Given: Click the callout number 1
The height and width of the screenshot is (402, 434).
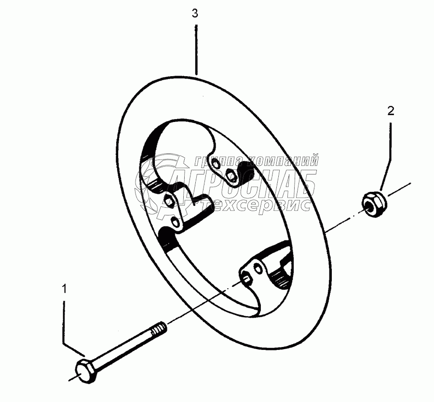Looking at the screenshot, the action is point(64,289).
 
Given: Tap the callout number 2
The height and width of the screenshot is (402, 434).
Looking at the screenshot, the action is point(391,111).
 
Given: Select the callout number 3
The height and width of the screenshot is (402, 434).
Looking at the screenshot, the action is point(195,14).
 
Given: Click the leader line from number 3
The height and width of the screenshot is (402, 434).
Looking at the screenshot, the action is point(195,48).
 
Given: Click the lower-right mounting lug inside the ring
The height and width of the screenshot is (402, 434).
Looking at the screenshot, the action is point(268,270).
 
